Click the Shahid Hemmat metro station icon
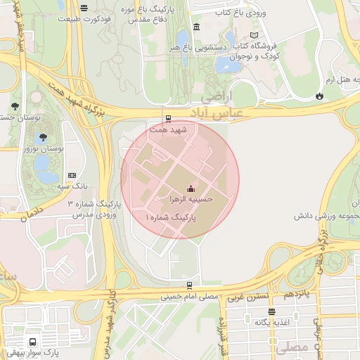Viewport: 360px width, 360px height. [167, 118]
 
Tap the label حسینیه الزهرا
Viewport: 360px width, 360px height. [190, 199]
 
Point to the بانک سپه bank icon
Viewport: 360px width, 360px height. [72, 175]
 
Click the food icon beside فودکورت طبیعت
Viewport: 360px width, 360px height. [84, 8]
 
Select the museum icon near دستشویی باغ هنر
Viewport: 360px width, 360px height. [195, 27]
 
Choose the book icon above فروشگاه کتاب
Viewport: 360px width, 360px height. [254, 35]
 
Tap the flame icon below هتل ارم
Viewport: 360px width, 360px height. [320, 96]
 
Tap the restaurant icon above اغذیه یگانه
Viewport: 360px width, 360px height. [271, 311]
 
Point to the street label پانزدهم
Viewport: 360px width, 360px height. [297, 290]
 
